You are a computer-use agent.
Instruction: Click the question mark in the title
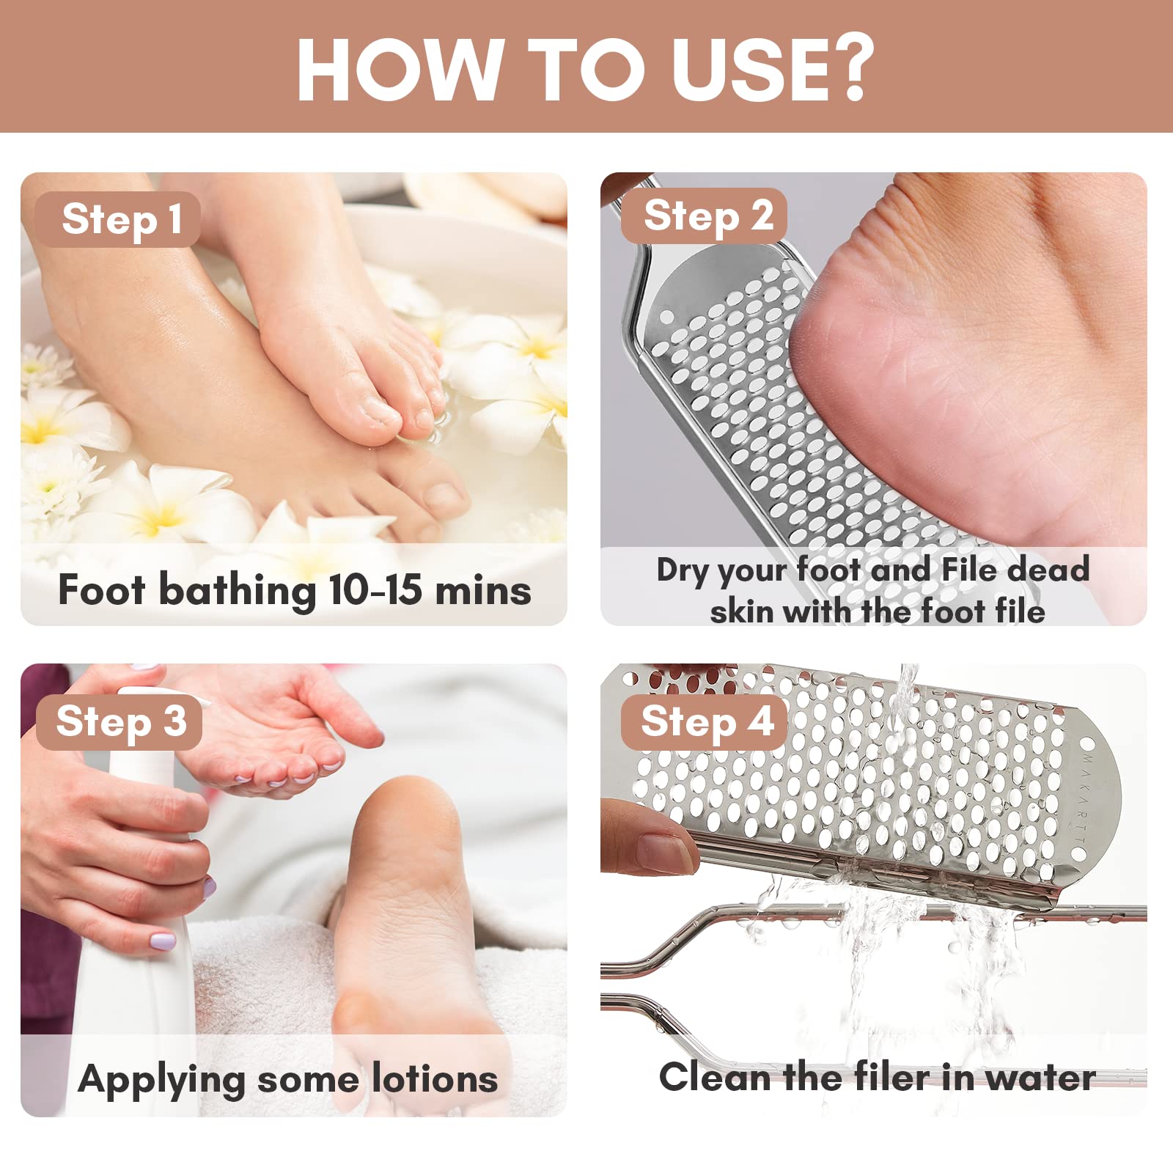coord(847,67)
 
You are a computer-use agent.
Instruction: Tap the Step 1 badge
coord(118,219)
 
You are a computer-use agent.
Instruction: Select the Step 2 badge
coord(705,216)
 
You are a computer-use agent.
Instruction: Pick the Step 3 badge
coord(119,722)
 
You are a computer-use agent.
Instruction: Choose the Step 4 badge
coord(705,722)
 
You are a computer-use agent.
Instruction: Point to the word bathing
coord(238,591)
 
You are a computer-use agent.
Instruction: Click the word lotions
coord(435,1079)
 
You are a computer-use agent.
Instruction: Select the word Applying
coord(161,1081)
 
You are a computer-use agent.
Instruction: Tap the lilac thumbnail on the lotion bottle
coord(163,941)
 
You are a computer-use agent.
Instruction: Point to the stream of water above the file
coord(908,685)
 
